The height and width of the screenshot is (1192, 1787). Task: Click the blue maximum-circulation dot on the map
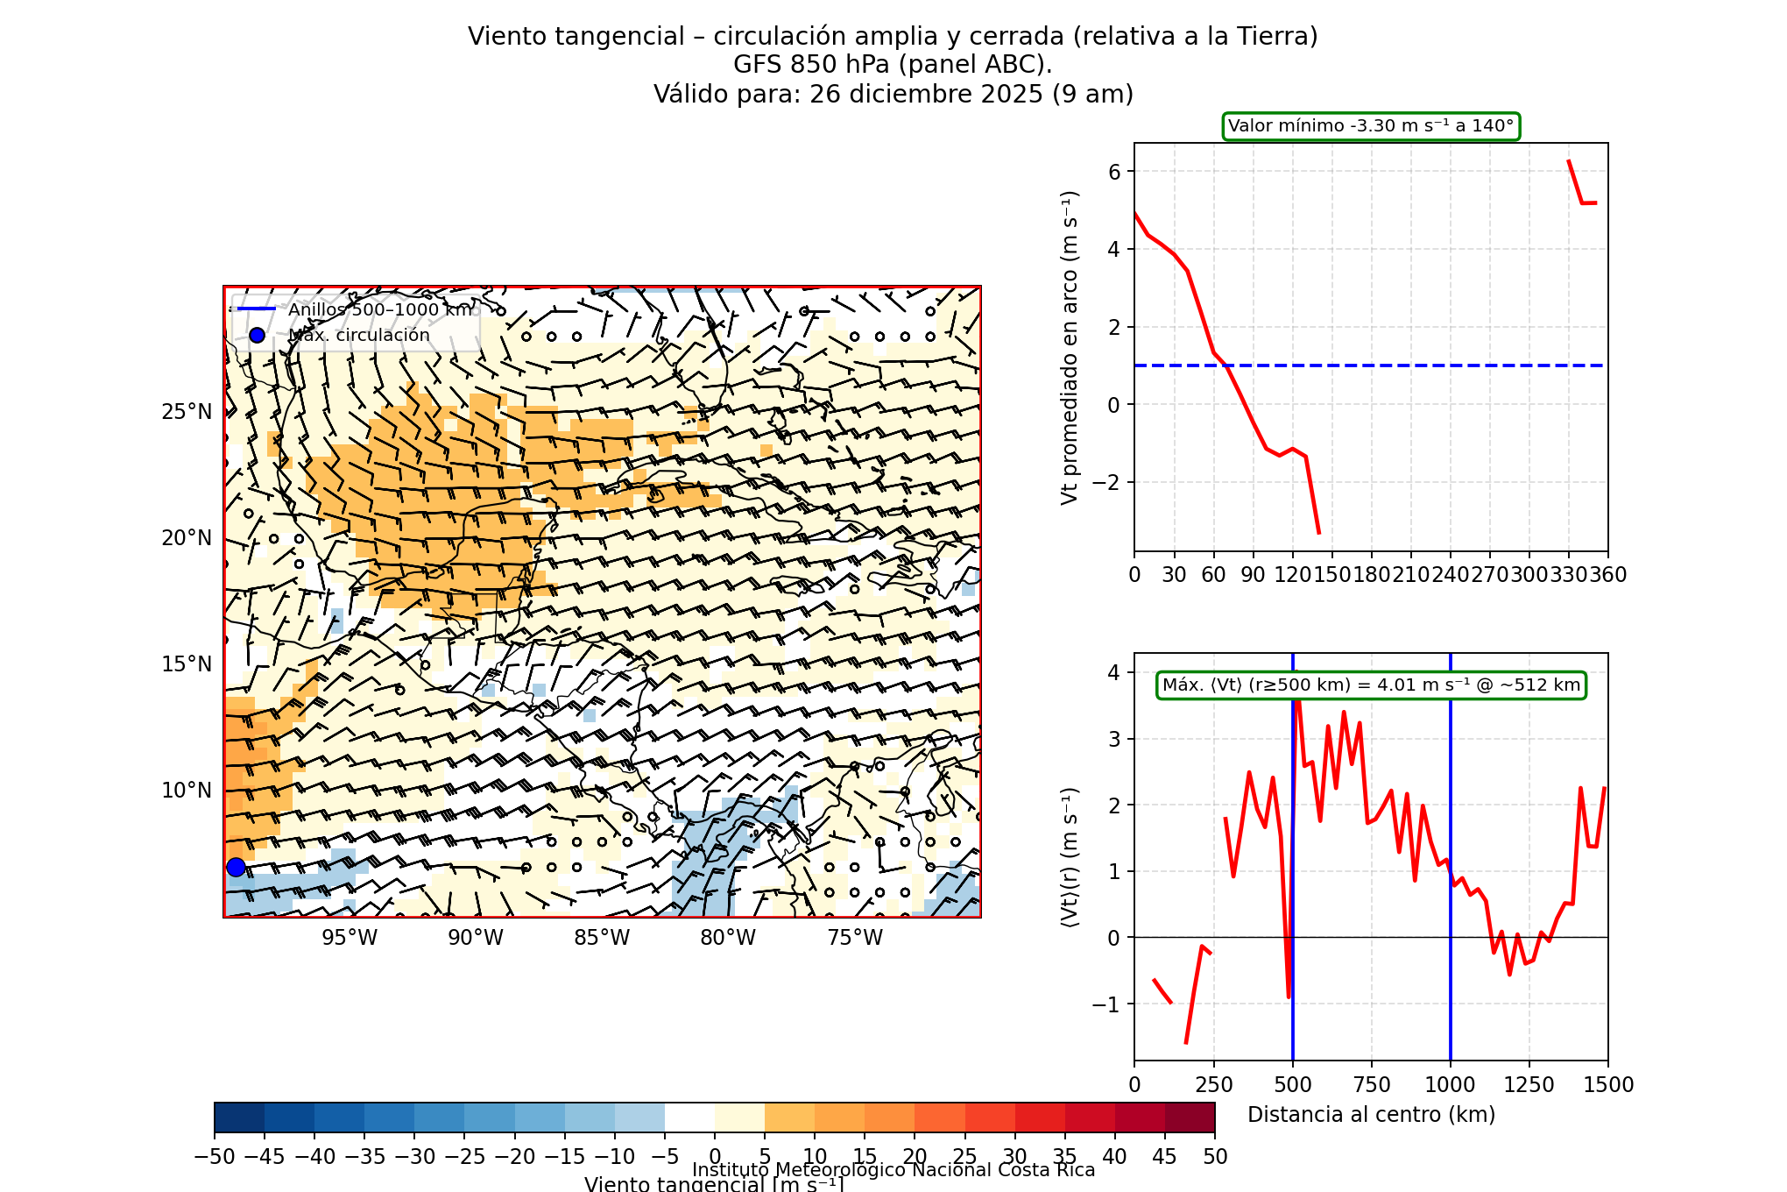(x=236, y=867)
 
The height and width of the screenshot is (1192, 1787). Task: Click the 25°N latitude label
(x=187, y=412)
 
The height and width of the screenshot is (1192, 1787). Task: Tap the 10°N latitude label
(x=187, y=791)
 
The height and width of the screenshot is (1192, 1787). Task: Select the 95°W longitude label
(x=350, y=938)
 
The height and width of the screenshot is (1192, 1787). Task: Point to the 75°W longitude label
(x=855, y=938)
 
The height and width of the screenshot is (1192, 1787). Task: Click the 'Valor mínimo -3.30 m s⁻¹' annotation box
(x=1371, y=126)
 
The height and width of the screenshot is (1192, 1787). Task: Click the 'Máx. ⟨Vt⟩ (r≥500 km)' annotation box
(x=1371, y=685)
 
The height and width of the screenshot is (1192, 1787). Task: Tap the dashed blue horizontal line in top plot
(x=1402, y=365)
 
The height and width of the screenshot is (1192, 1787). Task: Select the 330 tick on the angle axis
(x=1569, y=575)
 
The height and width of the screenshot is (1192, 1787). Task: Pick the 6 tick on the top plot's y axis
(x=1114, y=172)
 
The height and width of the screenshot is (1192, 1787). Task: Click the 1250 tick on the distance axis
(x=1529, y=1085)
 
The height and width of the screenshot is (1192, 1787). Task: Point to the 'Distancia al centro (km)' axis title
(x=1371, y=1115)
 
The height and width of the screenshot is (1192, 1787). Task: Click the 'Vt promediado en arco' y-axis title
(x=1070, y=347)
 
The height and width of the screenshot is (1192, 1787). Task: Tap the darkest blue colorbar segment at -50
(x=239, y=1118)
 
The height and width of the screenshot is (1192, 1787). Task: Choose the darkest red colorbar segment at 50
(x=1190, y=1118)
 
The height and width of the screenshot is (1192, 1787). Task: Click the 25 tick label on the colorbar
(x=964, y=1157)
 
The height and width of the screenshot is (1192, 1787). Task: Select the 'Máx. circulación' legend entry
(x=359, y=336)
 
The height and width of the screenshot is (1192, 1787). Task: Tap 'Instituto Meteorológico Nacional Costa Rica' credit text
(x=893, y=1170)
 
